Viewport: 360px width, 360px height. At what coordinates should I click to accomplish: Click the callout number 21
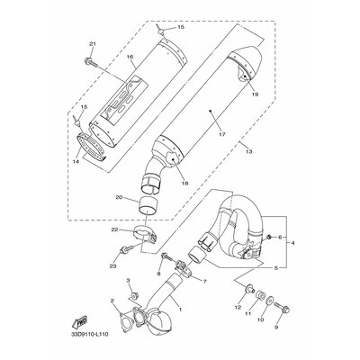(x=92, y=44)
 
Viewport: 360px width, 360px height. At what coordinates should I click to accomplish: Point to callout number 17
(x=221, y=134)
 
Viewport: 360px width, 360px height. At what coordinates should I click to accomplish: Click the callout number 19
(x=255, y=94)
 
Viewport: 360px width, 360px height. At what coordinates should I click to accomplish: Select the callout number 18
(x=184, y=183)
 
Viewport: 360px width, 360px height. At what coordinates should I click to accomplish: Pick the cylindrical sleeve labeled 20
(x=148, y=204)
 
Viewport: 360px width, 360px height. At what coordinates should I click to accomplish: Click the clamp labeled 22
(x=145, y=236)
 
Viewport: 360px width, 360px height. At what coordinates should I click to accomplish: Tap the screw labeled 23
(x=125, y=250)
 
